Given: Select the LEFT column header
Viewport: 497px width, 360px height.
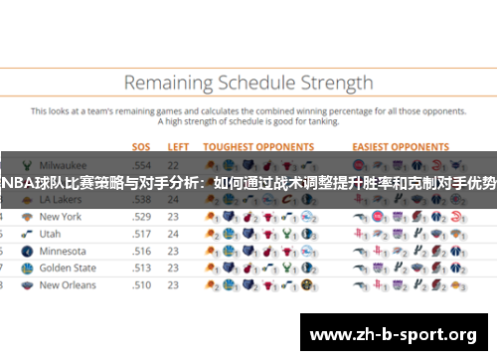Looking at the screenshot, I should click(179, 146).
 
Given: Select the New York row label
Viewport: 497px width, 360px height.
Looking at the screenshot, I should click(60, 216).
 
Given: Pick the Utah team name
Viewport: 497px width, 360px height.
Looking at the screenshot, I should click(50, 233).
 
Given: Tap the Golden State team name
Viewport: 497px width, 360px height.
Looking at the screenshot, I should click(68, 268).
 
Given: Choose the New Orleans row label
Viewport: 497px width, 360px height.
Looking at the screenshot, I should click(68, 284).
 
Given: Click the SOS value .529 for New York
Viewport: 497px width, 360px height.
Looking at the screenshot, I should click(142, 216).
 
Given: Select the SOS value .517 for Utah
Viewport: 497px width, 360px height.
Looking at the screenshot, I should click(142, 233).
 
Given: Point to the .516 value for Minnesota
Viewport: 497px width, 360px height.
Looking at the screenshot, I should click(142, 251).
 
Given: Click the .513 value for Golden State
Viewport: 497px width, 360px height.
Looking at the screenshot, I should click(142, 268).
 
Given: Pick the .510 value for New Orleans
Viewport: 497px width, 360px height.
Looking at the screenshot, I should click(142, 284).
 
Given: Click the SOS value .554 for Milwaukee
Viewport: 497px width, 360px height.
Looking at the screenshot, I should click(142, 164).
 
